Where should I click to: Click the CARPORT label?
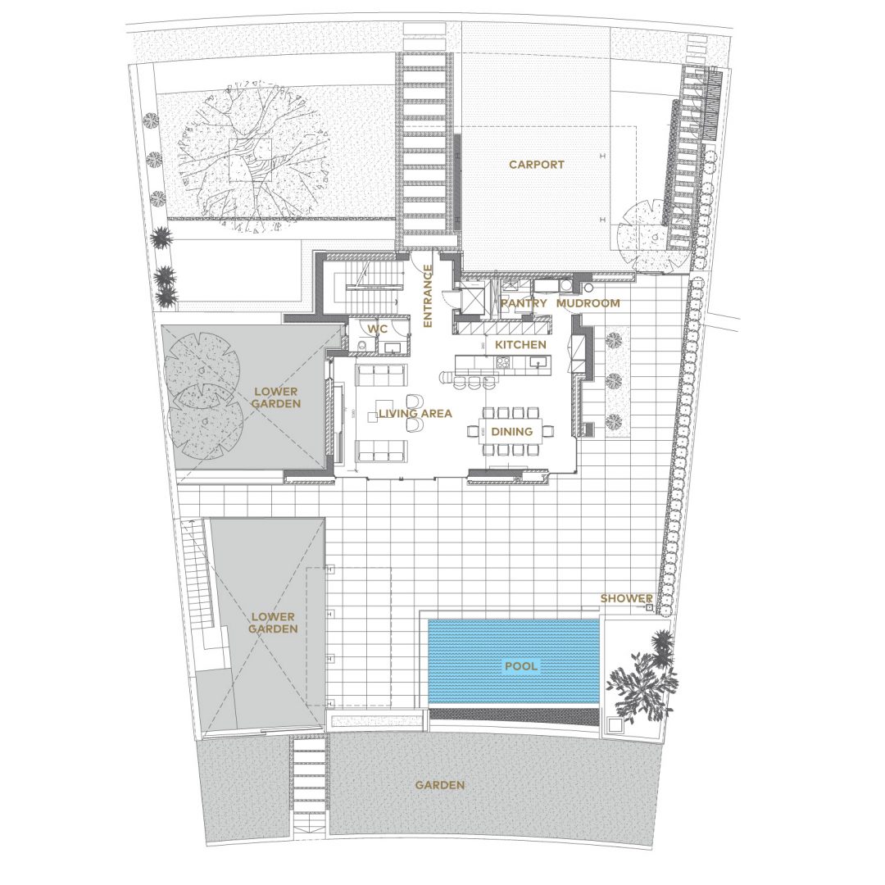(536, 165)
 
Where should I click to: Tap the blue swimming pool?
(513, 661)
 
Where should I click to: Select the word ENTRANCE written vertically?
(428, 297)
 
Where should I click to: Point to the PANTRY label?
(524, 303)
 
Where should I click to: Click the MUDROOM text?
(588, 303)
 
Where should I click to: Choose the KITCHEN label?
(520, 344)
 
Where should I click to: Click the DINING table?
(511, 432)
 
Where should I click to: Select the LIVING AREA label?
(415, 414)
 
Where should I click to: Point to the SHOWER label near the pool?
(627, 598)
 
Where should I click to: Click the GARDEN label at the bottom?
(440, 785)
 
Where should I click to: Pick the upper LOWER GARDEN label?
(275, 397)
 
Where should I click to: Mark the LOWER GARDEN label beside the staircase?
(273, 623)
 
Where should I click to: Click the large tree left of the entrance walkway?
(251, 159)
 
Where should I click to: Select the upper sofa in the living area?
(381, 374)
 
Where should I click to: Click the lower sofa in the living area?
(381, 452)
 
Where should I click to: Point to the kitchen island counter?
(503, 362)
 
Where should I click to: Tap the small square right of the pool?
(614, 724)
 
